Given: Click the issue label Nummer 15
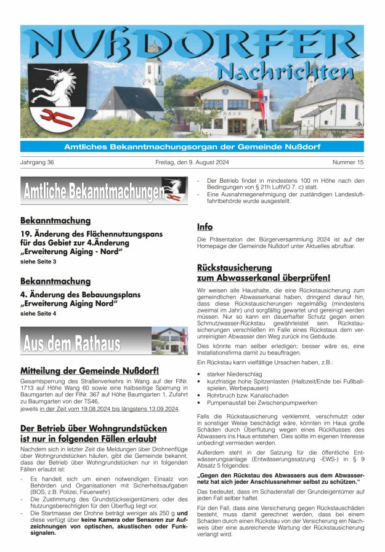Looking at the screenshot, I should [x=348, y=162].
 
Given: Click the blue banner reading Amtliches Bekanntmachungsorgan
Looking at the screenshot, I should [x=192, y=146].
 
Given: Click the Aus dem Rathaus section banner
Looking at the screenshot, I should [x=72, y=342].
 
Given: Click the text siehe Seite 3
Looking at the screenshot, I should [x=38, y=262].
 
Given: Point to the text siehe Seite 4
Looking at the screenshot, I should [x=38, y=314].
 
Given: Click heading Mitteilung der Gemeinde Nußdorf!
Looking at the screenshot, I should [x=89, y=371].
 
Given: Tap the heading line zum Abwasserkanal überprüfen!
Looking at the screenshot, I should [x=264, y=278].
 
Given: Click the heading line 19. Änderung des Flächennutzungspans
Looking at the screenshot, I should [x=91, y=234].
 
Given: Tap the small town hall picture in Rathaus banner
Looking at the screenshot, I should [x=169, y=340].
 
